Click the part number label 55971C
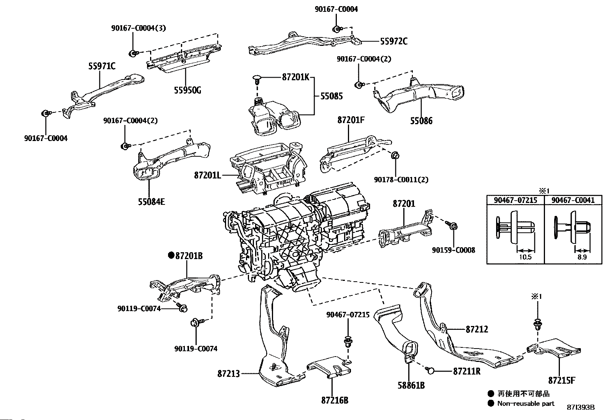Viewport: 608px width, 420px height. click(102, 66)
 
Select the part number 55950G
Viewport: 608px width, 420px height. click(187, 90)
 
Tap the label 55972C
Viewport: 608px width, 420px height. click(393, 41)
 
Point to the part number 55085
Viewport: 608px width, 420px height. click(331, 96)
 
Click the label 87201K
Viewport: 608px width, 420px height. click(295, 77)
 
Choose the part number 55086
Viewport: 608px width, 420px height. click(421, 121)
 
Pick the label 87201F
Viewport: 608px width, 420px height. click(351, 120)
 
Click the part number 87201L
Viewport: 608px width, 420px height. click(207, 175)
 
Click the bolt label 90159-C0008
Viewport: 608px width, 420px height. click(454, 250)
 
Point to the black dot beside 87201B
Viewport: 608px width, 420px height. click(171, 255)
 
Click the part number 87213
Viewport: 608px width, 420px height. click(229, 373)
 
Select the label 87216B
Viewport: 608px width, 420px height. click(335, 400)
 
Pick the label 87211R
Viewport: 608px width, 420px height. click(467, 371)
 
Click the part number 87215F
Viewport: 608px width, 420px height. click(562, 380)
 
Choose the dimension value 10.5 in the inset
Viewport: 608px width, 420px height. click(525, 257)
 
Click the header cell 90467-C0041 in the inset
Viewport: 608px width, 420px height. click(573, 200)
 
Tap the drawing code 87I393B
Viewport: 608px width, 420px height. click(581, 407)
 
